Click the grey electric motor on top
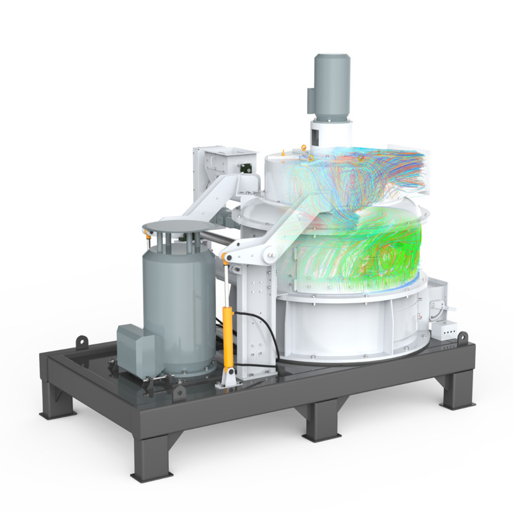point(331,87)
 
